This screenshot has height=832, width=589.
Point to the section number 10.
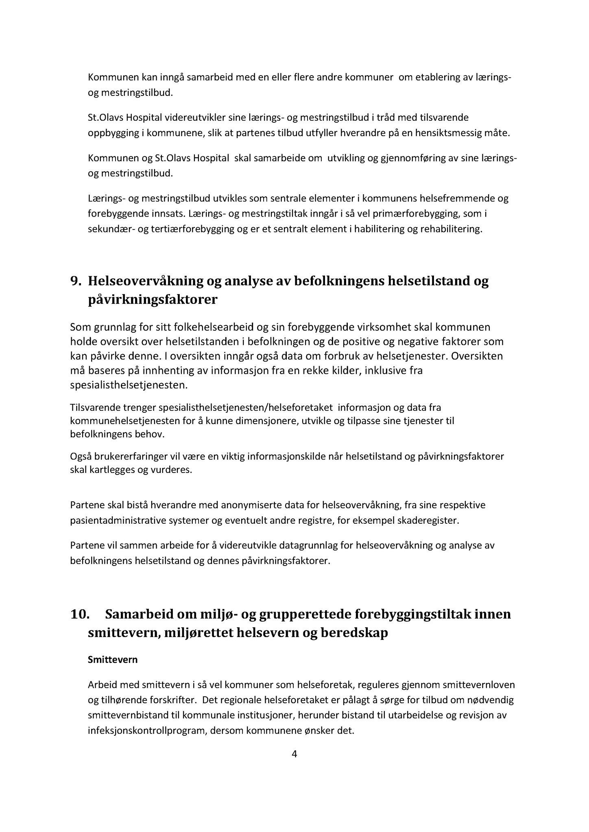click(80, 614)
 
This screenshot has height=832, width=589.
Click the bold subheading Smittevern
click(113, 660)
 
